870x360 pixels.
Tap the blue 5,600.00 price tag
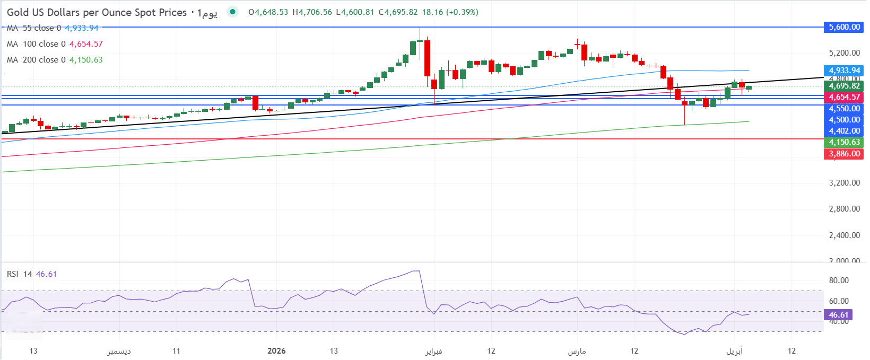844,27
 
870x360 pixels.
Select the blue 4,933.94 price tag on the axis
844,71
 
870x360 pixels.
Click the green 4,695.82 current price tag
844,86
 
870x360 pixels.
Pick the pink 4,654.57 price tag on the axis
844,97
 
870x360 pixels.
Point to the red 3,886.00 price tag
844,154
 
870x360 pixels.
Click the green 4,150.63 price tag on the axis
844,142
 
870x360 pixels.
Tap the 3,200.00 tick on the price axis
844,183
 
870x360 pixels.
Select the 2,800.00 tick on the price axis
844,209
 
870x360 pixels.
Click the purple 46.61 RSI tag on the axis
838,315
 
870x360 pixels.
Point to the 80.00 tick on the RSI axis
839,280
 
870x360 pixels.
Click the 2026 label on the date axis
276,351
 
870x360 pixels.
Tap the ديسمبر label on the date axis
119,351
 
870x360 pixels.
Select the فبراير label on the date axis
433,351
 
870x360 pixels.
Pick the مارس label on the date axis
577,351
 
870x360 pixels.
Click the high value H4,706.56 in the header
312,12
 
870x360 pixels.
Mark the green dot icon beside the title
232,12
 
